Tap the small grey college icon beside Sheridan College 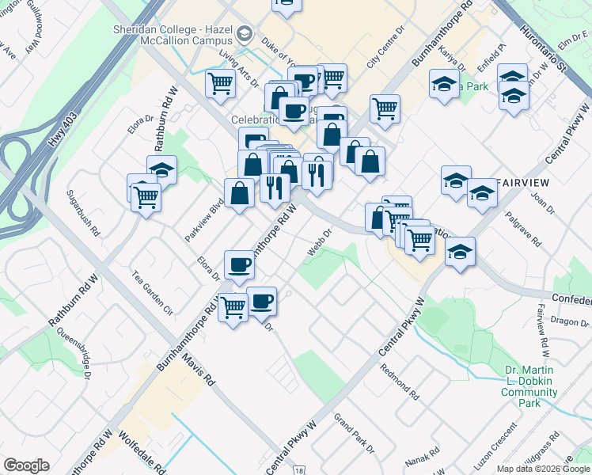245,34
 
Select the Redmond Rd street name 399,380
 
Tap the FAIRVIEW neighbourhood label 523,182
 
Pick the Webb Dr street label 321,242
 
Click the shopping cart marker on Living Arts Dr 219,82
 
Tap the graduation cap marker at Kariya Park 443,83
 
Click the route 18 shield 298,470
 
